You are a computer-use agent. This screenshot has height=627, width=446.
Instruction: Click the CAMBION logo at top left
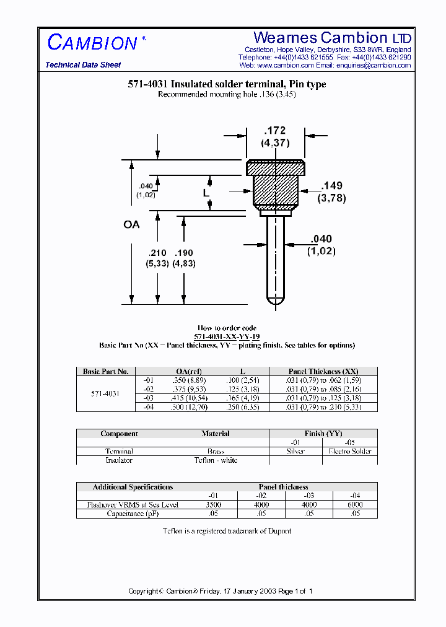(93, 43)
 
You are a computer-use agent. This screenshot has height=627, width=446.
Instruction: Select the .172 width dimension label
(275, 131)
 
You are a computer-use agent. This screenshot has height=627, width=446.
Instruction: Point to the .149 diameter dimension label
(331, 186)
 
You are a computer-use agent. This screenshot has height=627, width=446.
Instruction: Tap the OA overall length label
(131, 224)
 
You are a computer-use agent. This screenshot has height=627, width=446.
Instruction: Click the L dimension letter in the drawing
(207, 193)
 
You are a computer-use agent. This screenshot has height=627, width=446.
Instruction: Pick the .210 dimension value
(157, 253)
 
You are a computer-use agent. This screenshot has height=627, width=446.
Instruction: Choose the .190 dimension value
(184, 253)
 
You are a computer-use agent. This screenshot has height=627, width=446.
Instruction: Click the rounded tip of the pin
(275, 300)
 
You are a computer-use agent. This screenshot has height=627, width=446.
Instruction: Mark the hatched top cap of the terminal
(276, 168)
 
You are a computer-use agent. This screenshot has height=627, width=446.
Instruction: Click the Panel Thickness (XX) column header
(323, 372)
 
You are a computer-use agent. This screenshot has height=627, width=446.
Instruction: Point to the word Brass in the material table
(216, 452)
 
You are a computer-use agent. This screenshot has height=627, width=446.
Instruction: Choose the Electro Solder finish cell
(349, 452)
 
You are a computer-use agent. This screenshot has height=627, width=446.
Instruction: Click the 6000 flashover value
(355, 505)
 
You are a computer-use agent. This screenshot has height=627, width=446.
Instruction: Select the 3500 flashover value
(214, 505)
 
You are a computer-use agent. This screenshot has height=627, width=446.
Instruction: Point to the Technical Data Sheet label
(83, 65)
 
